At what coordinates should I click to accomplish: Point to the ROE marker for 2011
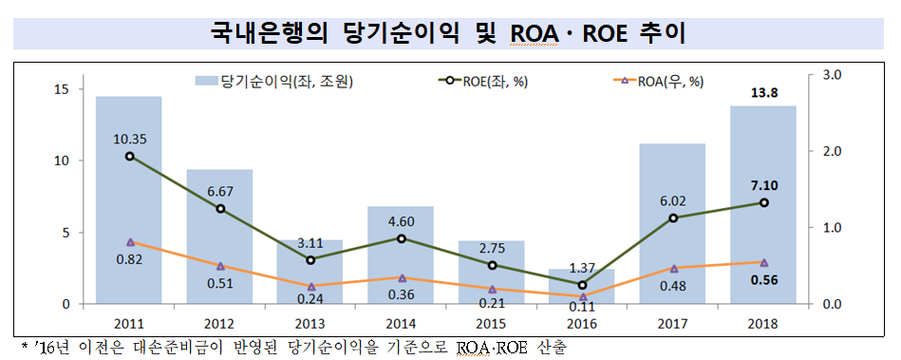pyautogui.click(x=129, y=156)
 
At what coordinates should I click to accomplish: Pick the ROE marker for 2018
pyautogui.click(x=763, y=202)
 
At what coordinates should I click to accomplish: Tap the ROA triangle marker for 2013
pyautogui.click(x=310, y=286)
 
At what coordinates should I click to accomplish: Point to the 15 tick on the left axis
pyautogui.click(x=63, y=89)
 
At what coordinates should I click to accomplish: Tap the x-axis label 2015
pyautogui.click(x=490, y=323)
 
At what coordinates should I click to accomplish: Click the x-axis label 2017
pyautogui.click(x=671, y=323)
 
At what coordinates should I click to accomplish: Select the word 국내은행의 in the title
pyautogui.click(x=269, y=33)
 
